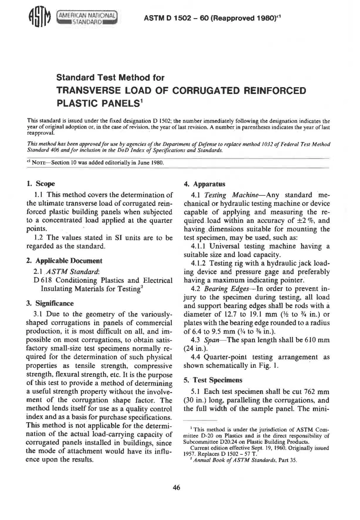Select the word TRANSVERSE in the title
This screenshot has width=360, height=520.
click(x=85, y=91)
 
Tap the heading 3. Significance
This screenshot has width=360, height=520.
click(x=50, y=303)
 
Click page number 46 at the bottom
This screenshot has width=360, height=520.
click(x=176, y=487)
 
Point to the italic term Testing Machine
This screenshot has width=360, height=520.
click(x=231, y=195)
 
